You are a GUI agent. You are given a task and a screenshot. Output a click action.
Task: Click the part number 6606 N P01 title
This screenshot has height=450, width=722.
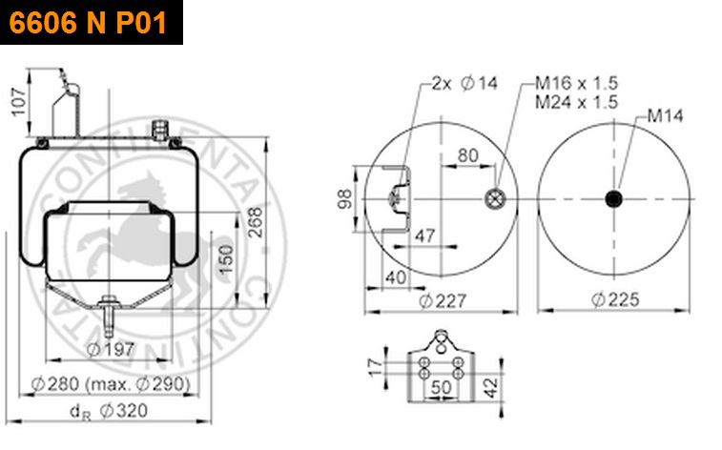[x=88, y=22]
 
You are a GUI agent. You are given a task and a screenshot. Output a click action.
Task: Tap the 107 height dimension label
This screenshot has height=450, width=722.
[x=19, y=102]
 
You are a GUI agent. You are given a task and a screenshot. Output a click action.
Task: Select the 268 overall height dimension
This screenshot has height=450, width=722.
[x=255, y=222]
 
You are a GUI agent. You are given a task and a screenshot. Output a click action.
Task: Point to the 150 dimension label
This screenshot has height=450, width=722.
[x=226, y=259]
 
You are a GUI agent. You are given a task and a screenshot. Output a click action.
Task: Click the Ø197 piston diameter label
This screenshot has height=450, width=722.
[x=111, y=349]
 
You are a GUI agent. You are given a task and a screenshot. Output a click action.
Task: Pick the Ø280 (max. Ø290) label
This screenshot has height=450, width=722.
[x=111, y=384]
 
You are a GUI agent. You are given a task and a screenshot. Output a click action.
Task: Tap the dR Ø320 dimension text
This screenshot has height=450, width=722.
[x=109, y=411]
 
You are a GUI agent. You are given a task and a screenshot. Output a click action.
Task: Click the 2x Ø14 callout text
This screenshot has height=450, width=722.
[x=464, y=83]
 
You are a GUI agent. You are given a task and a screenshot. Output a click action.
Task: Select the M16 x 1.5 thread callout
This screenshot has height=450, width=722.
[x=576, y=83]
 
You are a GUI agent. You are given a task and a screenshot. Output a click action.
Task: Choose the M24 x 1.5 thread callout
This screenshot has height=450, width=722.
[x=576, y=102]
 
